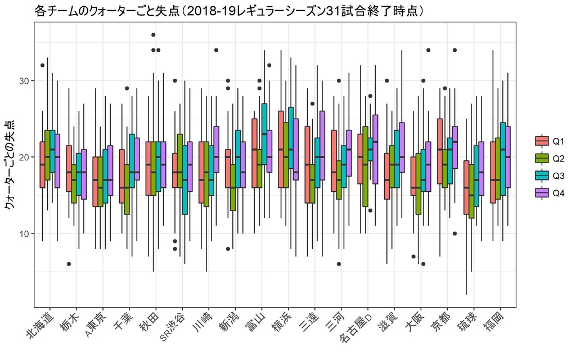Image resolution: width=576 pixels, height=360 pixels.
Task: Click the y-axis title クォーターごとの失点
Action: [x=9, y=166]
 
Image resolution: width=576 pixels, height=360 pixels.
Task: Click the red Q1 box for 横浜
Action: [x=281, y=149]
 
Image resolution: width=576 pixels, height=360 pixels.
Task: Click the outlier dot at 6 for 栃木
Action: [x=69, y=264]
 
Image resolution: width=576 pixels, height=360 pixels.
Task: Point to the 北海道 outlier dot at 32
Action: [x=42, y=65]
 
